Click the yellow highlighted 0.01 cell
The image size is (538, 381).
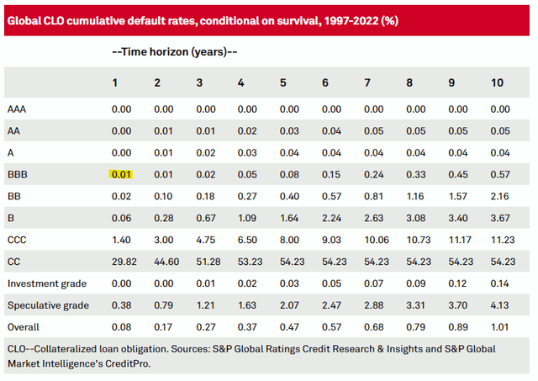coord(122,174)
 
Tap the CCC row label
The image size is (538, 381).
coord(17,240)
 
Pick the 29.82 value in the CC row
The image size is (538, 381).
coord(122,262)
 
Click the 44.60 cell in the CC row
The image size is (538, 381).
coord(163,262)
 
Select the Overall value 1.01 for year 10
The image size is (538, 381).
coord(500,327)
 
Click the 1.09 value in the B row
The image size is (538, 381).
coord(248,218)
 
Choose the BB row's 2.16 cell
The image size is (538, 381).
coord(500,196)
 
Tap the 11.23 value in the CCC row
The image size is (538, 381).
coord(500,240)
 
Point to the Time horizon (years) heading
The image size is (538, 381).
coord(174,52)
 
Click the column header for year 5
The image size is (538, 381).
coord(283,83)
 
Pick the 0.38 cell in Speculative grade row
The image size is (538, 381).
coord(122,305)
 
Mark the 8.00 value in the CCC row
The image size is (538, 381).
coord(290,240)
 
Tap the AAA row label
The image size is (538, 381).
coord(17,108)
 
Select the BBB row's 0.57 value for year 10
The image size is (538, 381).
coord(500,174)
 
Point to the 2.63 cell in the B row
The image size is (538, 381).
coord(374,218)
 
